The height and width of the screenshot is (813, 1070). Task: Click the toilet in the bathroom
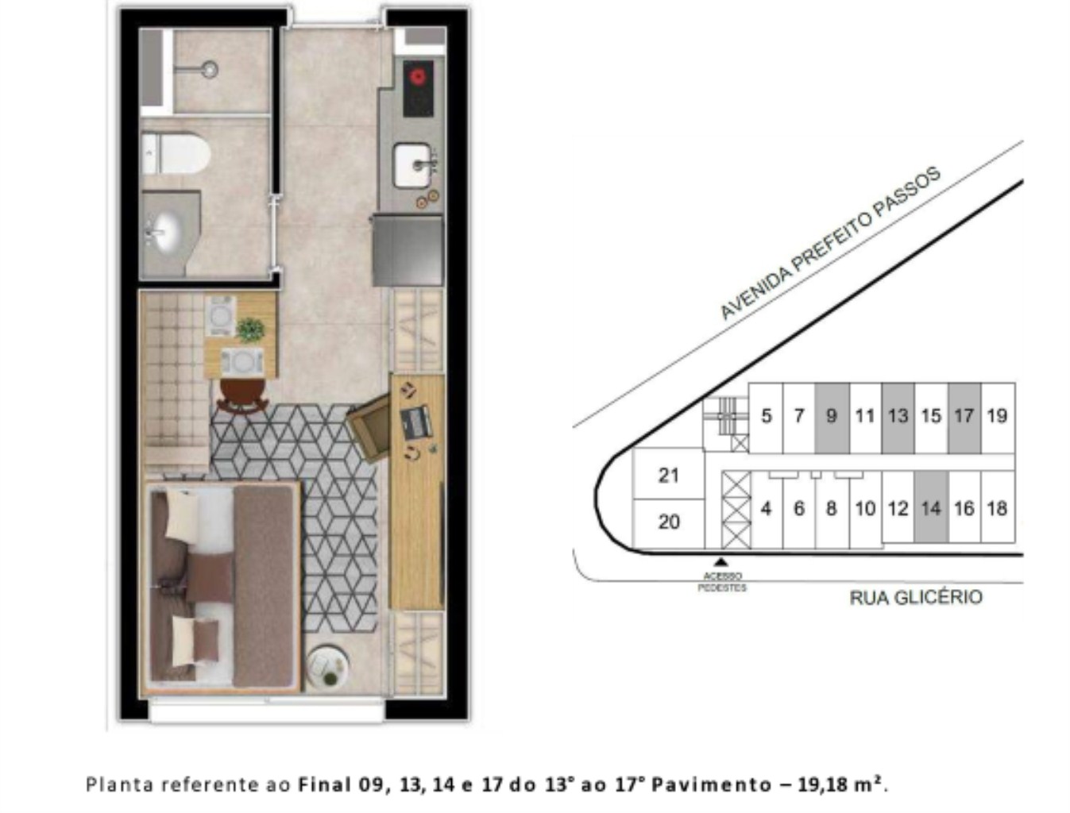pyautogui.click(x=176, y=154)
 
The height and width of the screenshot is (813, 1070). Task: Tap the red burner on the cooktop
pyautogui.click(x=417, y=77)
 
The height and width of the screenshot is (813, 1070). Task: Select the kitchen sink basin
pyautogui.click(x=412, y=164)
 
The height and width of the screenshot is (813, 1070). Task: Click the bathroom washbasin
pyautogui.click(x=162, y=231)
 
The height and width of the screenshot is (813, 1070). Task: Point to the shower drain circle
pyautogui.click(x=210, y=69)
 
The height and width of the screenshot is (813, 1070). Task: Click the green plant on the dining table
pyautogui.click(x=250, y=329)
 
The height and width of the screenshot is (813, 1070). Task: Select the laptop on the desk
pyautogui.click(x=415, y=421)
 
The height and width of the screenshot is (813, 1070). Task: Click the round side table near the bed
pyautogui.click(x=327, y=667)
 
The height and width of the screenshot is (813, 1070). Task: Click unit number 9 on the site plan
pyautogui.click(x=831, y=415)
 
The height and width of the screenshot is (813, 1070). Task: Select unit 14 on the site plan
pyautogui.click(x=930, y=509)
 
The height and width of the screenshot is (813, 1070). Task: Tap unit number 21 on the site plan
pyautogui.click(x=668, y=475)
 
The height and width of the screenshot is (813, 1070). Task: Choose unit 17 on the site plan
pyautogui.click(x=964, y=415)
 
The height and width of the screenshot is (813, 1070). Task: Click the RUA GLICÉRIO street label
pyautogui.click(x=916, y=597)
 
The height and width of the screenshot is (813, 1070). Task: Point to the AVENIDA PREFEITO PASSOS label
pyautogui.click(x=829, y=243)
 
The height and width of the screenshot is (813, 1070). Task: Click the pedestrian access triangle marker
pyautogui.click(x=721, y=562)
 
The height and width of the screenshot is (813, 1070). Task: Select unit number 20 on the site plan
pyautogui.click(x=668, y=522)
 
